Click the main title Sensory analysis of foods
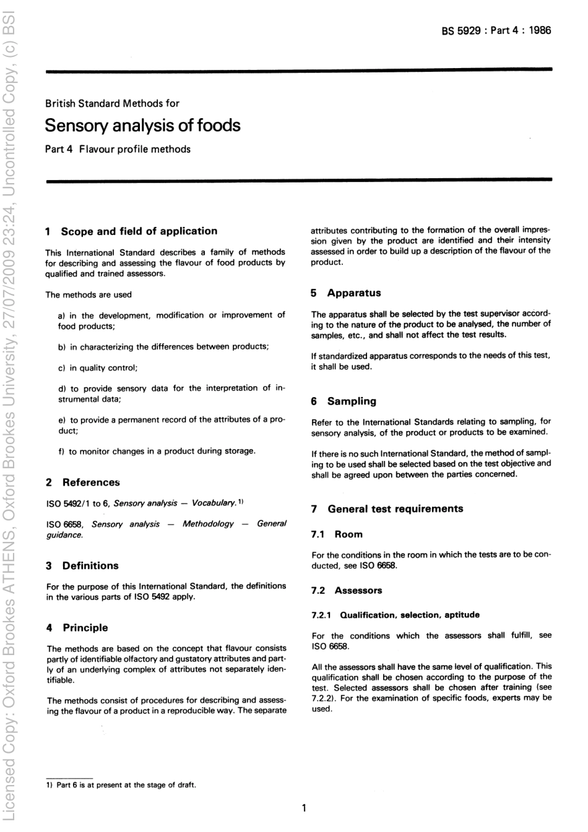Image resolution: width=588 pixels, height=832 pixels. (x=142, y=126)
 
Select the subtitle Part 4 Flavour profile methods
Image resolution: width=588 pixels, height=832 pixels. (x=118, y=149)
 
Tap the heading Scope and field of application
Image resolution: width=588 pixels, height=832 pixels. (x=139, y=231)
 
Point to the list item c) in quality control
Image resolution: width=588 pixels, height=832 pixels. (x=98, y=367)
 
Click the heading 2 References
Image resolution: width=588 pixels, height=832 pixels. (x=83, y=482)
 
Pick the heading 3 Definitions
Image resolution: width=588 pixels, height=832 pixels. (x=82, y=565)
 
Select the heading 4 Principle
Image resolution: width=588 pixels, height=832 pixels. (x=77, y=627)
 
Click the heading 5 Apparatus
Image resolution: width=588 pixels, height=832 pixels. (x=346, y=293)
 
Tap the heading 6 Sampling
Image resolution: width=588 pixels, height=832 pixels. (x=344, y=401)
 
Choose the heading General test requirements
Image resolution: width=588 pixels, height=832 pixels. (x=395, y=509)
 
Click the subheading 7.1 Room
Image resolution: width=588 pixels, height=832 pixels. (x=337, y=534)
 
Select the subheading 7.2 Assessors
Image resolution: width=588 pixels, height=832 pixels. (x=347, y=591)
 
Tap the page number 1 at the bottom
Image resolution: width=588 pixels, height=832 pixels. (x=304, y=808)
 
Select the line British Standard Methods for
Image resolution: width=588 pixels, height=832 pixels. (x=112, y=103)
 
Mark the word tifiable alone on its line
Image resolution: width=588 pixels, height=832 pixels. (x=61, y=680)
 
